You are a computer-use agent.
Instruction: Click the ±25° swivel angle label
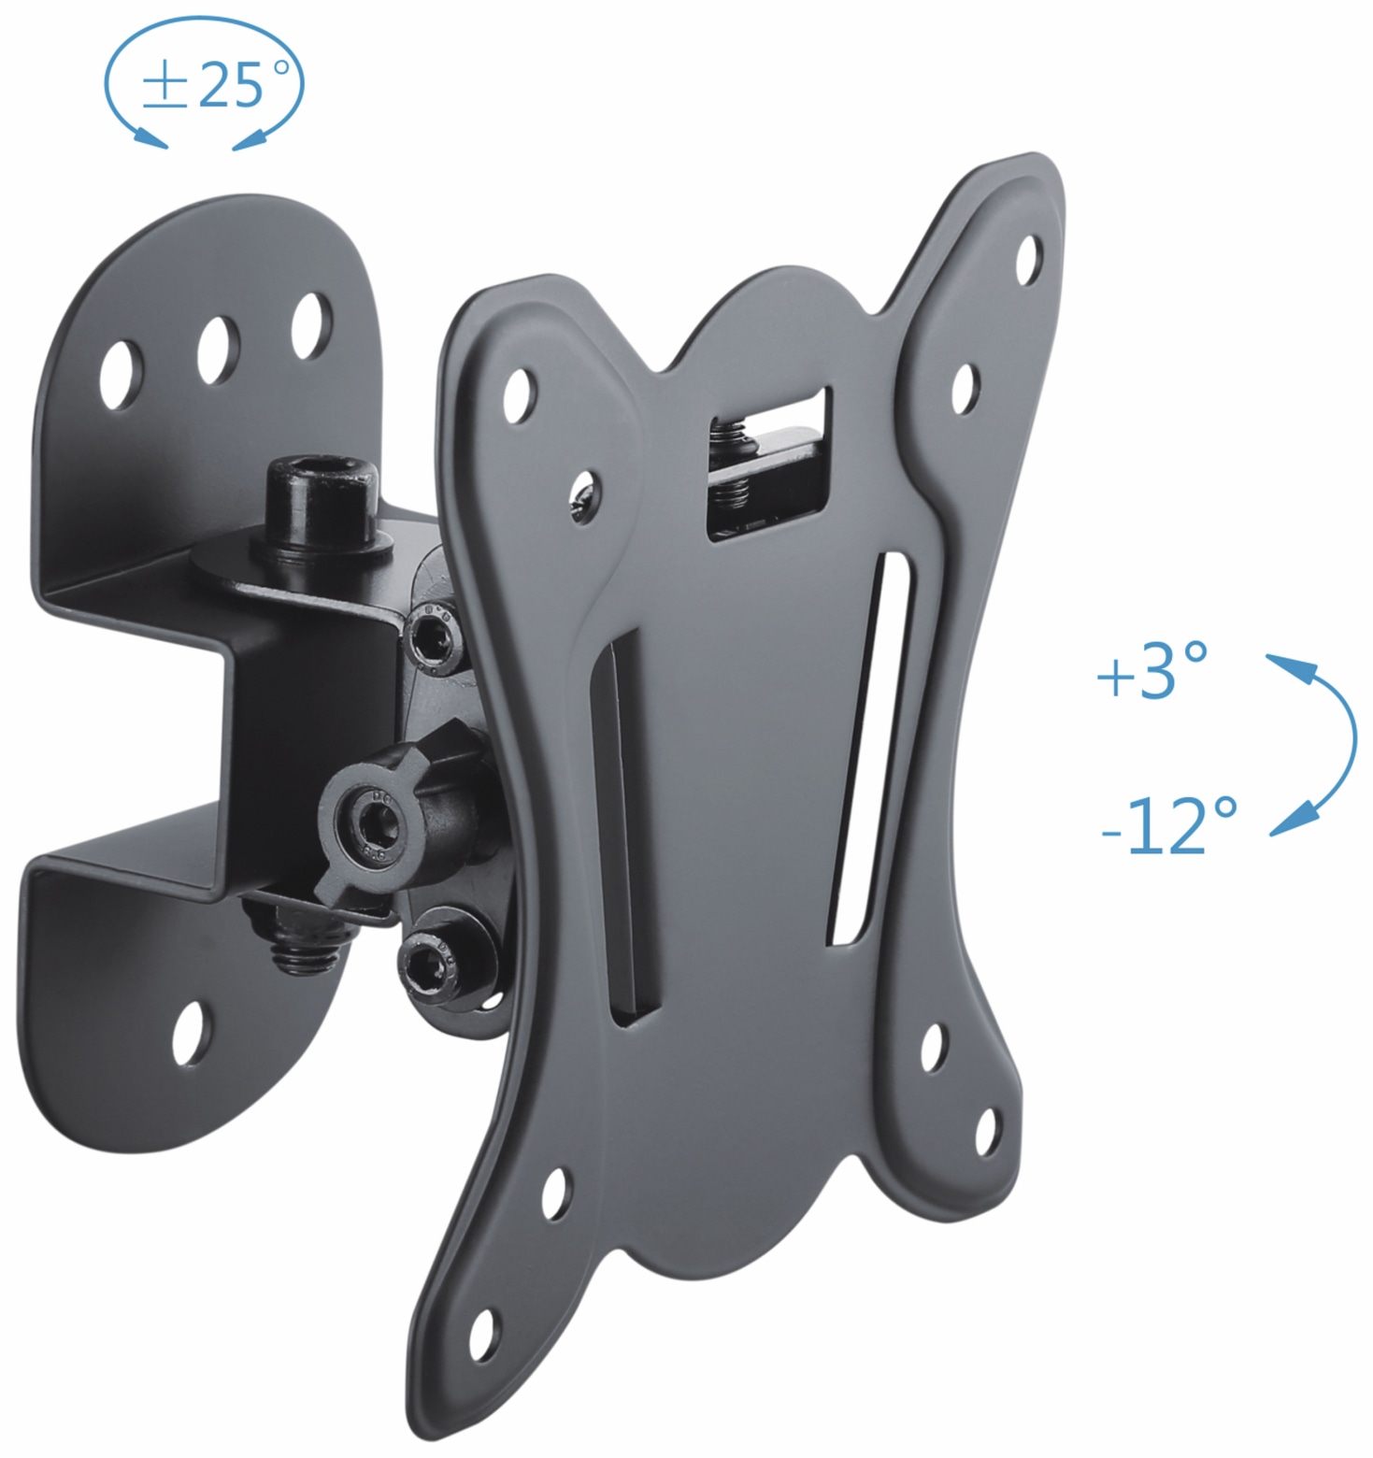pyautogui.click(x=203, y=85)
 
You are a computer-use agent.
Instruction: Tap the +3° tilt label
pyautogui.click(x=1151, y=671)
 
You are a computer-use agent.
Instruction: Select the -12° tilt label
pyautogui.click(x=1168, y=824)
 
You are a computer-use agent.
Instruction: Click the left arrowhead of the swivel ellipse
pyautogui.click(x=150, y=137)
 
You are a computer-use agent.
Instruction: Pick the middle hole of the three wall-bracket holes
pyautogui.click(x=218, y=348)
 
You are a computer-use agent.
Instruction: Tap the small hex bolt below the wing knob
pyautogui.click(x=429, y=963)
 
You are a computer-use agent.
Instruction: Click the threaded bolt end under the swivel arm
pyautogui.click(x=300, y=946)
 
